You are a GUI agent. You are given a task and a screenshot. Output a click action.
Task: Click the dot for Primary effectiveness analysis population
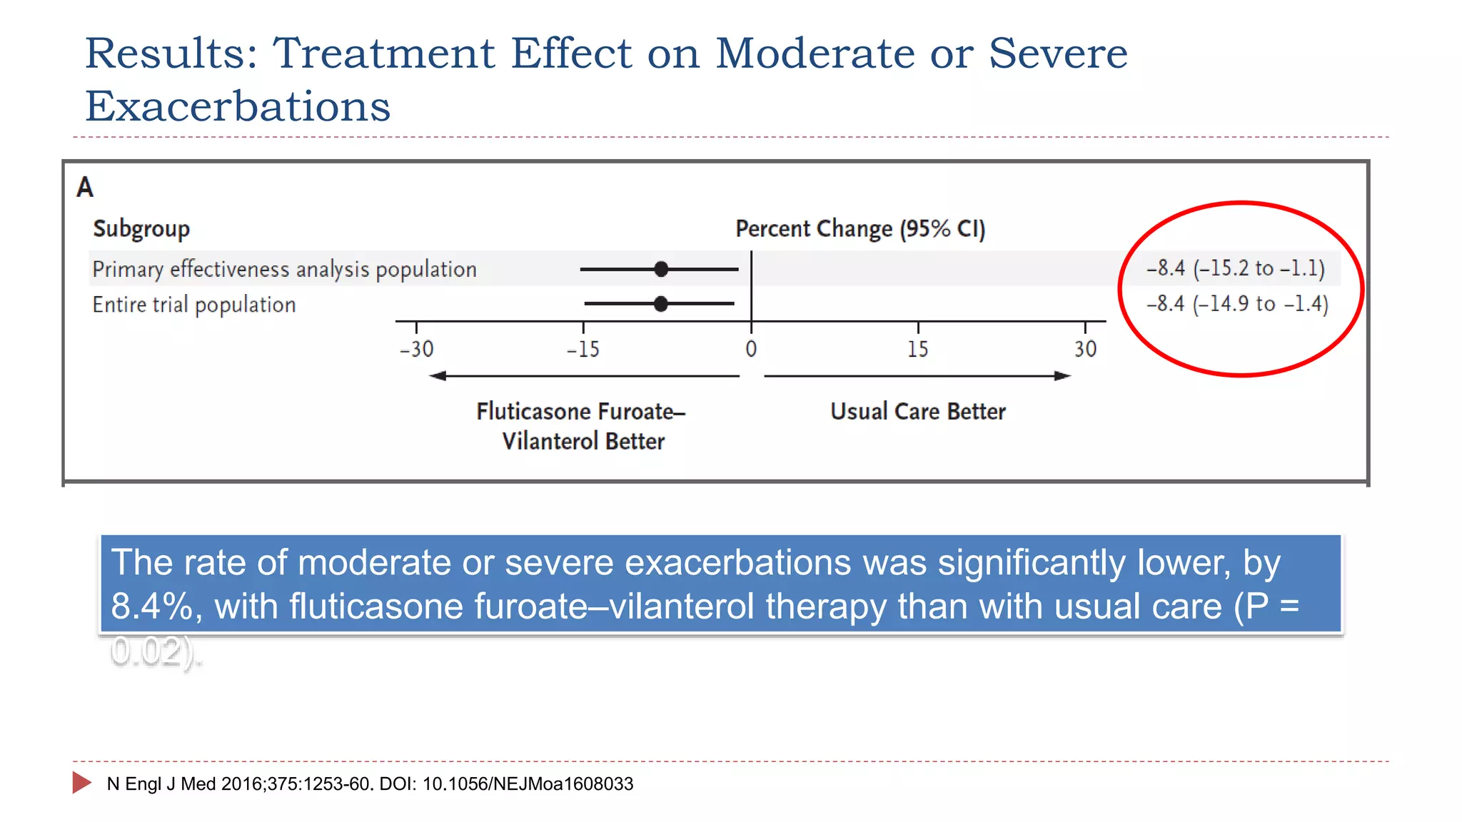coord(661,269)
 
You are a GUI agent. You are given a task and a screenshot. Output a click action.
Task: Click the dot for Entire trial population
coord(661,304)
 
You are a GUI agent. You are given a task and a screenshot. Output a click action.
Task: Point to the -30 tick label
coord(416,350)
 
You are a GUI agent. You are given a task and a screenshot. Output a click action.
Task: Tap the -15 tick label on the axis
coord(583,350)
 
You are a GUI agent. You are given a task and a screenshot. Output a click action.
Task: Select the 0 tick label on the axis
coord(751,350)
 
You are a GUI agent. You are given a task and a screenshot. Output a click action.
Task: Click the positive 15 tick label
coord(917,350)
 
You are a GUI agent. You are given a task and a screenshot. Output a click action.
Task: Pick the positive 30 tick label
coord(1085,350)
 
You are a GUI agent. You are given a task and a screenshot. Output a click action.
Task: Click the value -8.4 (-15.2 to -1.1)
coord(1236,268)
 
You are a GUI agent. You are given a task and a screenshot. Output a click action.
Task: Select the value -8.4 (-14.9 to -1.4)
coord(1237,304)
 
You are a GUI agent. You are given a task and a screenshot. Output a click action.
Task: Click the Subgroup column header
coord(141,229)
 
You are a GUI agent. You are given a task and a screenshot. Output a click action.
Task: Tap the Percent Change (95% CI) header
coord(860,229)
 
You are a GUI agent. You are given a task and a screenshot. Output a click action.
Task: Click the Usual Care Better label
coord(917,412)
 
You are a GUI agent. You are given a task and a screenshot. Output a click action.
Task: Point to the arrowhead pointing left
coord(437,376)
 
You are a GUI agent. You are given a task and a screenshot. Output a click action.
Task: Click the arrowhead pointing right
coord(1063,376)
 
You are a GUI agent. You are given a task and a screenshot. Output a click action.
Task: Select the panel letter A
coord(85,188)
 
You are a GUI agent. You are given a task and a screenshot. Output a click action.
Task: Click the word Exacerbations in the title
coord(238,107)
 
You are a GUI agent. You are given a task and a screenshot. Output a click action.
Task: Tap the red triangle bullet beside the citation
coord(81,783)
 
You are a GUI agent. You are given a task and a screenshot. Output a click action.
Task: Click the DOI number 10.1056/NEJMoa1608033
coord(528,784)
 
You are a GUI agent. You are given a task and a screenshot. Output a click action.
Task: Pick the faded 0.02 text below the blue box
coord(146,651)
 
